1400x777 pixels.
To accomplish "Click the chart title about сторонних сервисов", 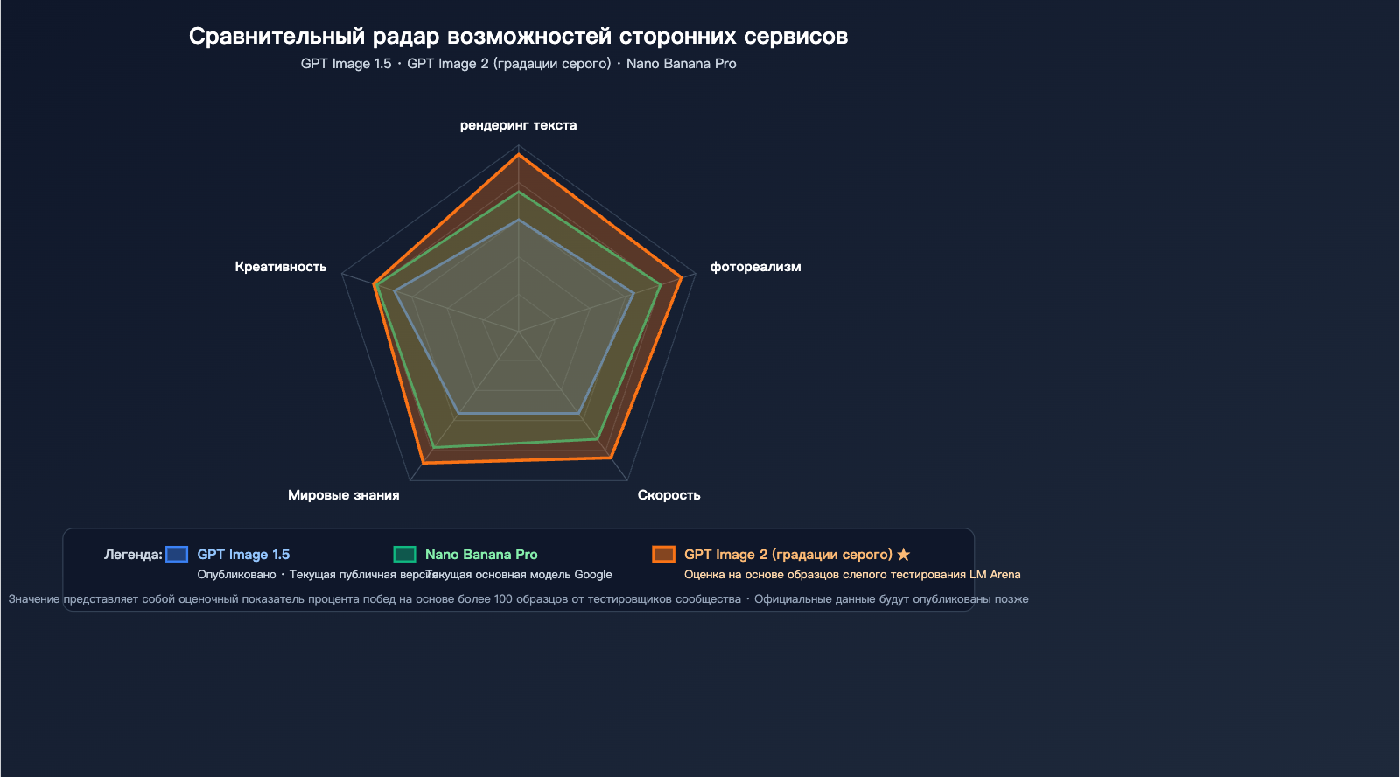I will pyautogui.click(x=518, y=37).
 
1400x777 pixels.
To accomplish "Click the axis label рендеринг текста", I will pyautogui.click(x=518, y=125).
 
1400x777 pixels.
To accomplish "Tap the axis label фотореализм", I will pyautogui.click(x=755, y=267).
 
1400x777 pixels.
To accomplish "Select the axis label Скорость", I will pyautogui.click(x=668, y=495).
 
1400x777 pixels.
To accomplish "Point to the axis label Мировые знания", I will pyautogui.click(x=343, y=495).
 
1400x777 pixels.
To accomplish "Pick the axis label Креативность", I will pyautogui.click(x=281, y=267).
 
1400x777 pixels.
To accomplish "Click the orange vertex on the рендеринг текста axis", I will pyautogui.click(x=519, y=154).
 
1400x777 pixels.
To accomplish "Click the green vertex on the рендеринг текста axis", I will pyautogui.click(x=519, y=192).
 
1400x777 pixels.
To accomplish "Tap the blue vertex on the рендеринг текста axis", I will pyautogui.click(x=519, y=220).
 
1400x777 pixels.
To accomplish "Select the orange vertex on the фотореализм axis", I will pyautogui.click(x=681, y=278).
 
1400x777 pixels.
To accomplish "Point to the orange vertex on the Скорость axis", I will pyautogui.click(x=610, y=457).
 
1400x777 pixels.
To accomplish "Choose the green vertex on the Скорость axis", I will pyautogui.click(x=598, y=439).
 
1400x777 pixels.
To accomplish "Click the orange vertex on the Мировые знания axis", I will pyautogui.click(x=423, y=462).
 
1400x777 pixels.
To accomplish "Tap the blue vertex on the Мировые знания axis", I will pyautogui.click(x=459, y=413).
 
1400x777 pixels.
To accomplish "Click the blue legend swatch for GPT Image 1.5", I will pyautogui.click(x=177, y=554).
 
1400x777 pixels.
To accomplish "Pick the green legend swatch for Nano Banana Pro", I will pyautogui.click(x=404, y=554).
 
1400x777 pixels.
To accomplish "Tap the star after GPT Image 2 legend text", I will pyautogui.click(x=904, y=554).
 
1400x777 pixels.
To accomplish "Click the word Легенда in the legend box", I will pyautogui.click(x=133, y=554).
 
